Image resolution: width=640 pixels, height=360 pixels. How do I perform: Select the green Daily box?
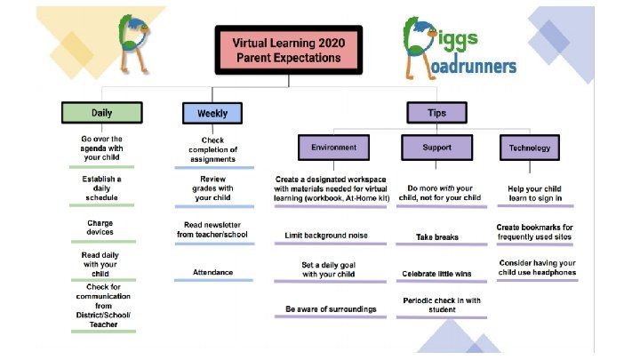coord(101,113)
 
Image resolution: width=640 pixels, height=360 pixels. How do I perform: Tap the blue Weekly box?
coord(212,113)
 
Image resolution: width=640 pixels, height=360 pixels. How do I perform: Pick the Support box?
coord(436,147)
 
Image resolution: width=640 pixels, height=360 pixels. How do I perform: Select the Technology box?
coord(531,148)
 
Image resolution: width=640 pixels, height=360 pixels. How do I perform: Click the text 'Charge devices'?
coord(100,228)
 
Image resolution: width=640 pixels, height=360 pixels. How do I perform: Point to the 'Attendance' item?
coord(212,270)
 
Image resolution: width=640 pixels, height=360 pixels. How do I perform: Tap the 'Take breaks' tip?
coord(436,237)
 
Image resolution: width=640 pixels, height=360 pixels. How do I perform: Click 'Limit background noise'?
coord(326,236)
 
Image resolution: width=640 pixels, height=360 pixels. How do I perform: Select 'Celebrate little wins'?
coord(436,273)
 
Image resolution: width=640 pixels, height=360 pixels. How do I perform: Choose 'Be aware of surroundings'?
coord(331,308)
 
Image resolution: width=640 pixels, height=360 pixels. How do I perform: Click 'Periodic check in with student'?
coord(436,305)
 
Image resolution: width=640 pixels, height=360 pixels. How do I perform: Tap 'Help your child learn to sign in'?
coord(535,193)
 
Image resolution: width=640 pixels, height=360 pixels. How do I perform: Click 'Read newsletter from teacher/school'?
coord(212,230)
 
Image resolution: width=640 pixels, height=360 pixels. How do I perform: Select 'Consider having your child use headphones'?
coord(537,268)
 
